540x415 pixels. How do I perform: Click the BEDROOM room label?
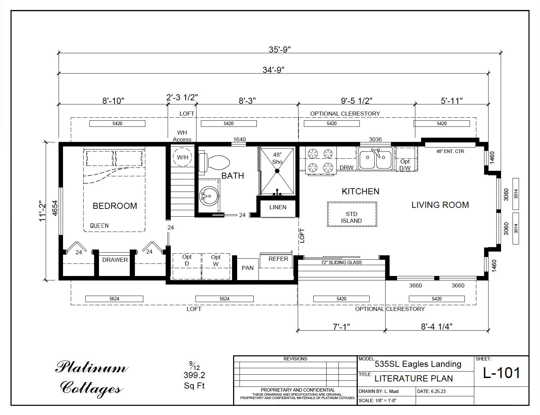[115, 206]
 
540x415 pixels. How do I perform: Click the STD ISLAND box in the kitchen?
[352, 217]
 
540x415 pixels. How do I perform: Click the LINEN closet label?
[278, 207]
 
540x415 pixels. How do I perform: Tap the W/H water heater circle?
[182, 157]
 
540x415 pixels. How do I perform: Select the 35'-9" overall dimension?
[279, 50]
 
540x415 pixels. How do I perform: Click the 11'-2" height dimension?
[42, 211]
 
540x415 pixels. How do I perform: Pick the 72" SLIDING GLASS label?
[341, 262]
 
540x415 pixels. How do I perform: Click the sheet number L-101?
[501, 373]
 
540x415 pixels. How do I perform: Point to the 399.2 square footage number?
[194, 375]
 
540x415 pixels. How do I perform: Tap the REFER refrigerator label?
[278, 259]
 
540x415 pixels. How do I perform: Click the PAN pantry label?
[247, 268]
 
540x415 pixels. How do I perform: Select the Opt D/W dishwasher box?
[405, 164]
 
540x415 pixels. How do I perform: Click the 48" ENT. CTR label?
[450, 151]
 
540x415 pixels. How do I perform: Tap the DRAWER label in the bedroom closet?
[115, 260]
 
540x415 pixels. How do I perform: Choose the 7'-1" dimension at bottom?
[341, 327]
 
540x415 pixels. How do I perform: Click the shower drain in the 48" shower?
[277, 171]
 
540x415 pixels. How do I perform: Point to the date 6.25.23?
[438, 391]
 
